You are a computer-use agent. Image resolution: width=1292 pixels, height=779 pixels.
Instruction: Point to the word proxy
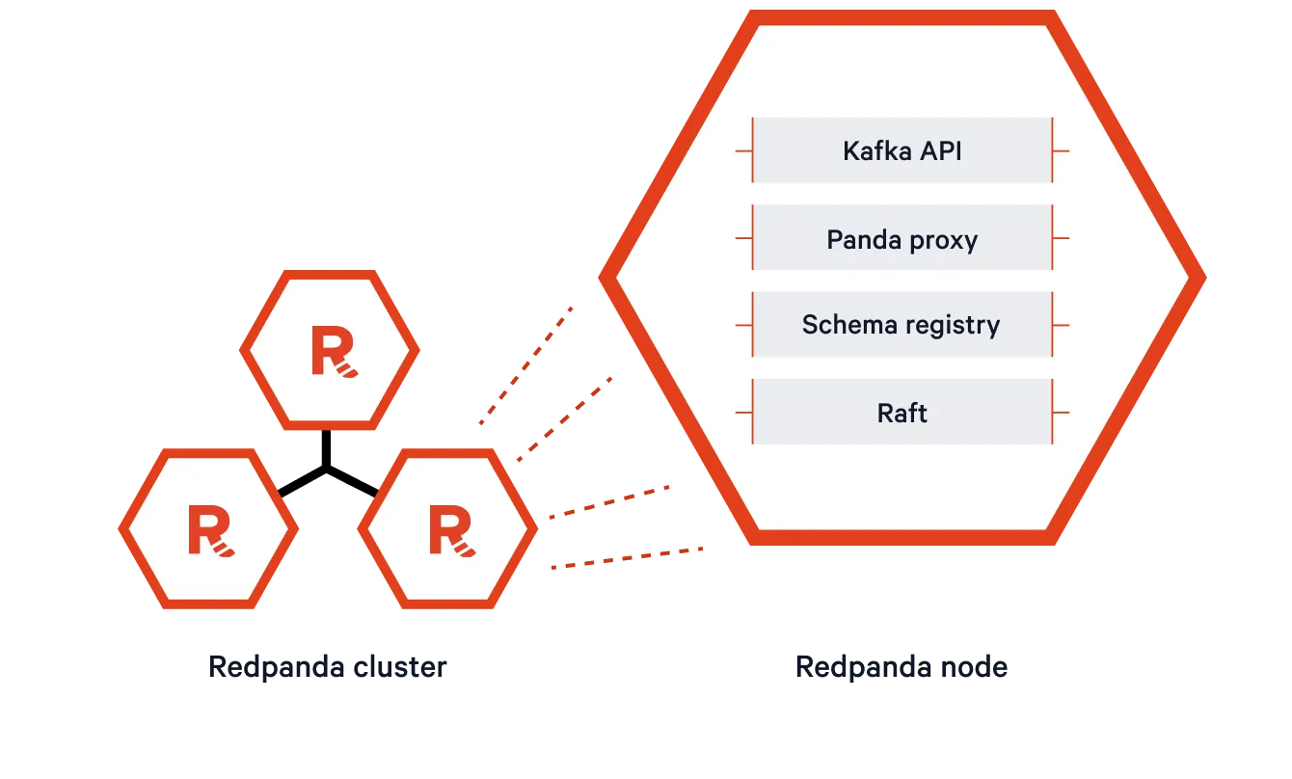click(x=943, y=240)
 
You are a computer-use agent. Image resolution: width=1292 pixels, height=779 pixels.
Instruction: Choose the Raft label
click(x=902, y=413)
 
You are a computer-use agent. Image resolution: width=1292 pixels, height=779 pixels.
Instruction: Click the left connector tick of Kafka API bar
click(x=743, y=151)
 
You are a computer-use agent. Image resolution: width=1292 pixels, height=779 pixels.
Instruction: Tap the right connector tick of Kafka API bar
click(x=1061, y=151)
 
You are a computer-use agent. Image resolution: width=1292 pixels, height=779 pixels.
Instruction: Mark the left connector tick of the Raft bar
click(x=743, y=413)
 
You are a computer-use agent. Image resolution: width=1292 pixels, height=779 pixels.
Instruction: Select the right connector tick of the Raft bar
click(x=1061, y=413)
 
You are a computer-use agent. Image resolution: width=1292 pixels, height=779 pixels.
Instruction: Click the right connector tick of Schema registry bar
click(x=1061, y=325)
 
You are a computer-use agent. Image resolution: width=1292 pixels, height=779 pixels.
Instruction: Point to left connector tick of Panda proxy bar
click(x=743, y=238)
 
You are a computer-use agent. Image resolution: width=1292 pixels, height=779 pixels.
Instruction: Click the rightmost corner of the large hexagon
click(x=1204, y=278)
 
